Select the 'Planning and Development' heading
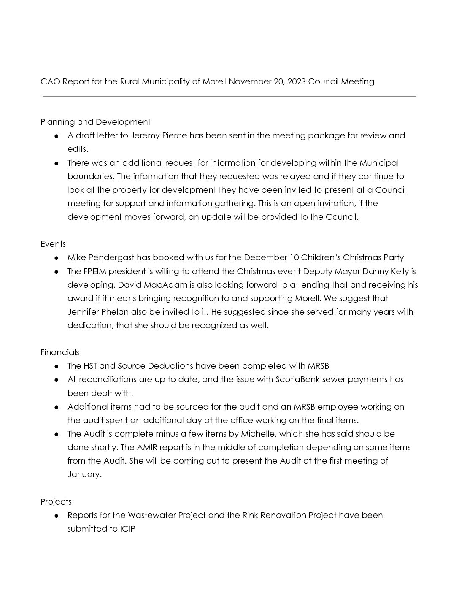tap(95, 122)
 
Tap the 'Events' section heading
tap(53, 244)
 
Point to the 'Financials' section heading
tap(60, 352)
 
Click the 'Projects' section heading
tap(56, 502)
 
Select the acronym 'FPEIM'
tap(97, 271)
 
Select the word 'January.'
tap(84, 474)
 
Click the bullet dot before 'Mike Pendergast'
tap(56, 258)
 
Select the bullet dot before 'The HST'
tap(56, 366)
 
